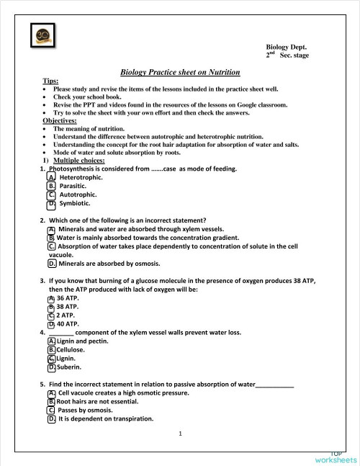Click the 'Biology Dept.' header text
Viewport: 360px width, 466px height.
287,45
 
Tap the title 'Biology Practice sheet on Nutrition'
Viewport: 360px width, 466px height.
180,72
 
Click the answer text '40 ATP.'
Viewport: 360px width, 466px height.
68,324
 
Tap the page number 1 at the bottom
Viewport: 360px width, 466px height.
180,434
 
